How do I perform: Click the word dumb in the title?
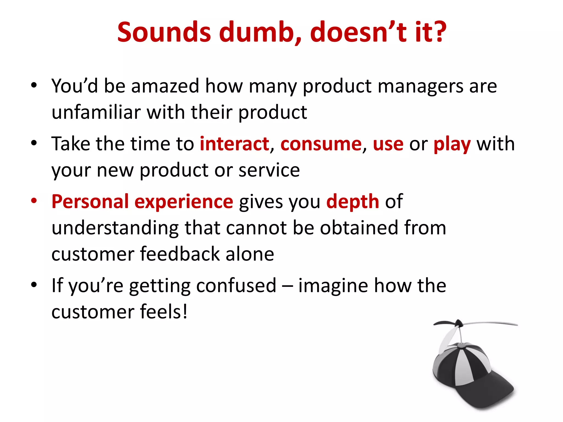tap(260, 32)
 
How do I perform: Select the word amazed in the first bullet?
tap(165, 86)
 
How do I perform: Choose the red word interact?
tap(234, 144)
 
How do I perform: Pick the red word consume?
tap(321, 144)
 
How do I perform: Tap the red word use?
tap(388, 144)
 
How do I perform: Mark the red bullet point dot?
tap(34, 200)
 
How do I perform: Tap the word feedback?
tap(180, 254)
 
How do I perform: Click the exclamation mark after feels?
tap(185, 312)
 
